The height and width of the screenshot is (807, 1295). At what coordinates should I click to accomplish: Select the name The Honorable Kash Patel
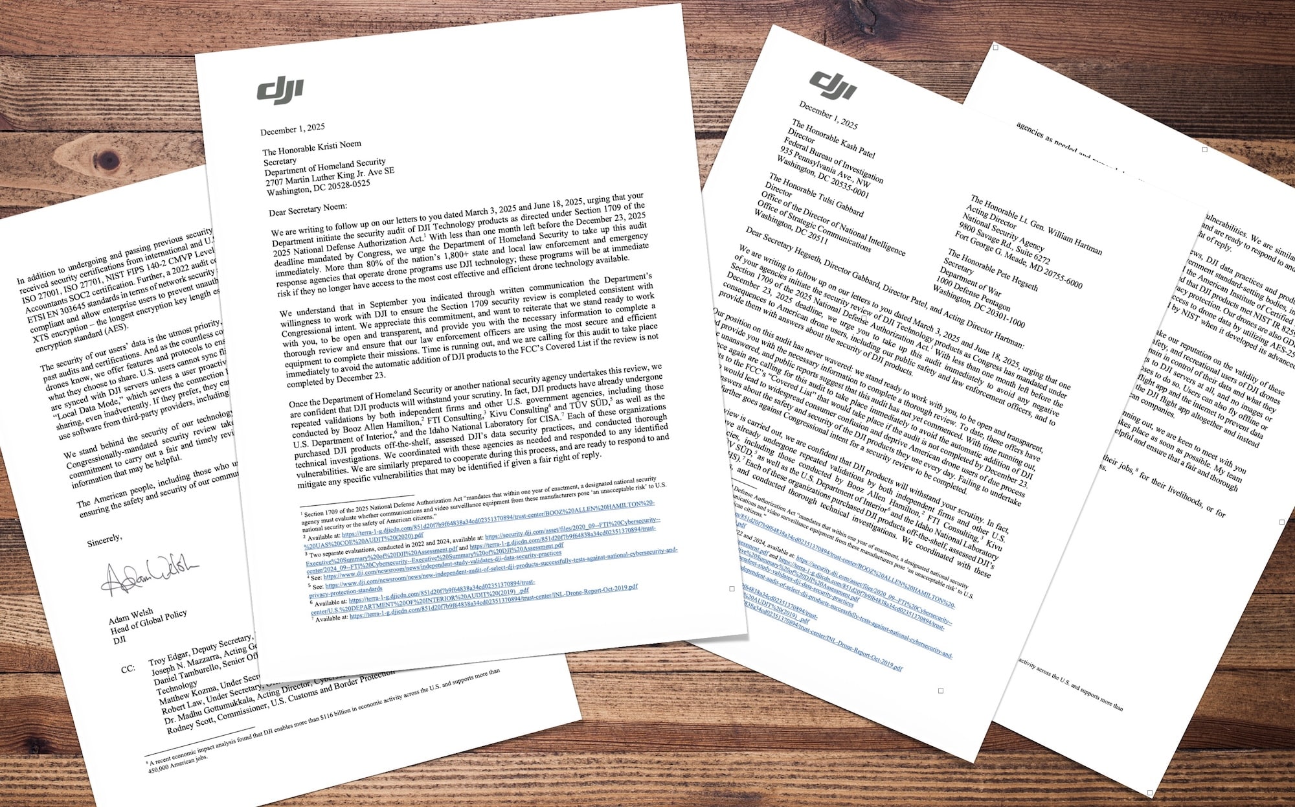pyautogui.click(x=833, y=139)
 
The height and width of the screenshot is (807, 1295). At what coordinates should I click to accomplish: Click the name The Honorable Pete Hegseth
pyautogui.click(x=993, y=269)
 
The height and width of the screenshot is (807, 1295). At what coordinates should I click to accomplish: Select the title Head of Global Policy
pyautogui.click(x=148, y=621)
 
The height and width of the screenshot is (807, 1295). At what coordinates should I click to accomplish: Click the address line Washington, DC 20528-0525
pyautogui.click(x=319, y=187)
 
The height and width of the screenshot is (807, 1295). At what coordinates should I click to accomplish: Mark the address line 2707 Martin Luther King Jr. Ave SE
pyautogui.click(x=330, y=177)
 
